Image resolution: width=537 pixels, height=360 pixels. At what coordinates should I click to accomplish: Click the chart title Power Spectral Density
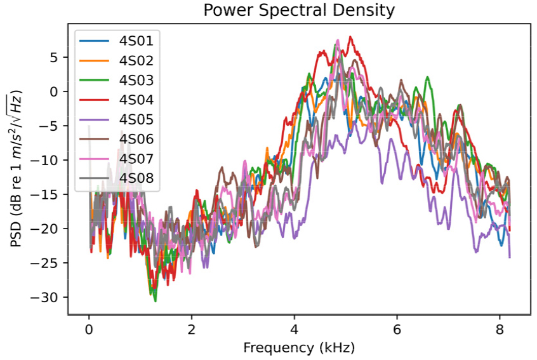(298, 11)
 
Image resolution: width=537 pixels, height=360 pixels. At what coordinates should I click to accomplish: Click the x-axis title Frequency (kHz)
(298, 348)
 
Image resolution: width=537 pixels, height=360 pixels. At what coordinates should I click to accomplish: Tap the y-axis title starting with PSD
(16, 170)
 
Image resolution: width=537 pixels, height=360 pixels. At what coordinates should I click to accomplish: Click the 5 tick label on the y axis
(53, 57)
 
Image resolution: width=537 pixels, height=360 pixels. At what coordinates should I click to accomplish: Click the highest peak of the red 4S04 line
(350, 37)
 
